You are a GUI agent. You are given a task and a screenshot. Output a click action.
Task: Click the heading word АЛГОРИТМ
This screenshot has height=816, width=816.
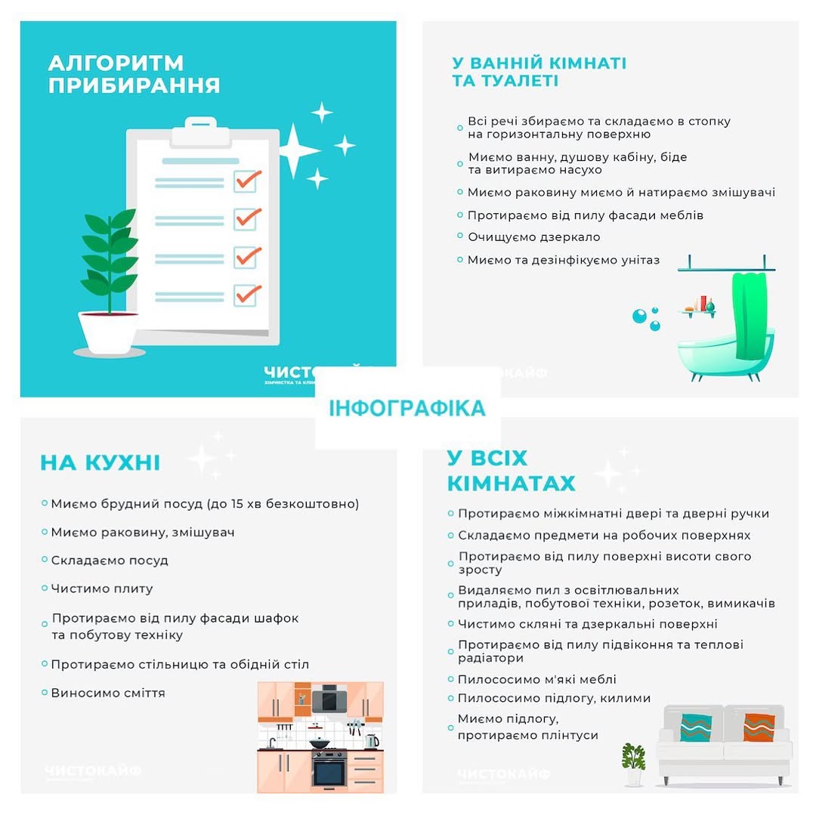[x=116, y=62]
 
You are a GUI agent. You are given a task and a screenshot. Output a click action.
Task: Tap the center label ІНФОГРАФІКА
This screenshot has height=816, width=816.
[x=407, y=408]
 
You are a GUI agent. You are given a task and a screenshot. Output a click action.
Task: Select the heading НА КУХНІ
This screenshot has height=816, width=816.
[x=100, y=462]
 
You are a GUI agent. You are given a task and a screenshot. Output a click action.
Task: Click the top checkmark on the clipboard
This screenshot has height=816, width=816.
[x=247, y=180]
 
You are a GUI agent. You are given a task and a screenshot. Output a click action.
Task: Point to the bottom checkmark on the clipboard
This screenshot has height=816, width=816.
[x=247, y=293]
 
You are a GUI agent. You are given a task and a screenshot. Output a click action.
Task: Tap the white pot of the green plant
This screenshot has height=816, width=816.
[x=107, y=333]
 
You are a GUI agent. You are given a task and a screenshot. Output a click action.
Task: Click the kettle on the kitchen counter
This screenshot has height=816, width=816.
[x=370, y=740]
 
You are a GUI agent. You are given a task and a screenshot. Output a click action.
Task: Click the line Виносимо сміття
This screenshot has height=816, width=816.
[x=108, y=693]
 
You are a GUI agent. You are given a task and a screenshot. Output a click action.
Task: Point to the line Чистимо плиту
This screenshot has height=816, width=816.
[x=102, y=589]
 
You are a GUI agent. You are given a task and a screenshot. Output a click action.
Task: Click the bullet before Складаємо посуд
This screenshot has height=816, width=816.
[x=45, y=561]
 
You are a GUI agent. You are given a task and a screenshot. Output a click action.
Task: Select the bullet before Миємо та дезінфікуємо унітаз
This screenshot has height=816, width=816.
[x=460, y=260]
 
